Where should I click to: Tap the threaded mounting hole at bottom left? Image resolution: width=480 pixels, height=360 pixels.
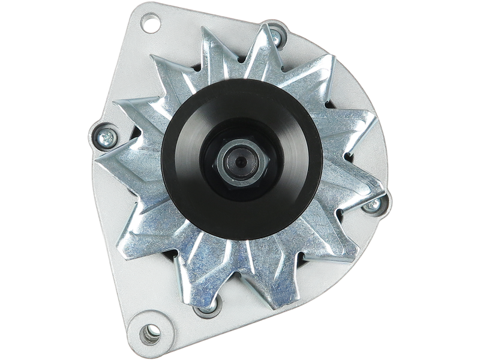coord(151,331)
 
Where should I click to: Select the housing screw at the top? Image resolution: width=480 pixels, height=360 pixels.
coord(275,37)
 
